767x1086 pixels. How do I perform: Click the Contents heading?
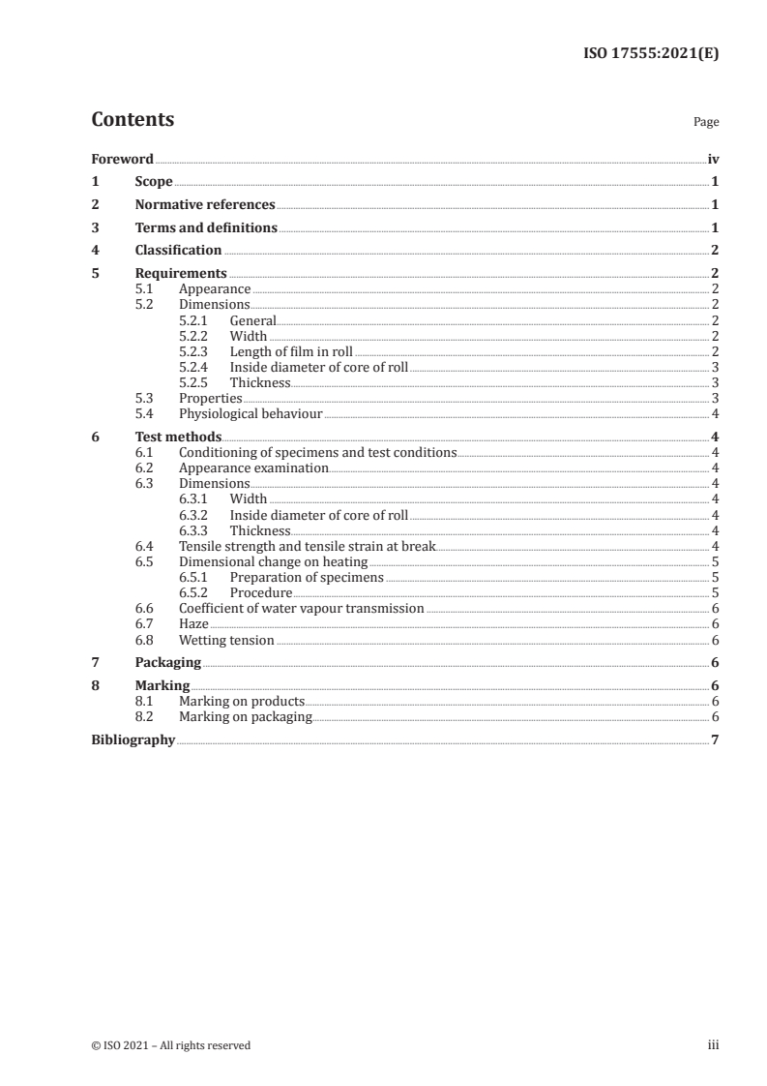tap(133, 120)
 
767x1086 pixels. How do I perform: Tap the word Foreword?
tap(122, 159)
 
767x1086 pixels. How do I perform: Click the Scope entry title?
tap(154, 182)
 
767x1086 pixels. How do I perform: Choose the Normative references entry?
tap(205, 205)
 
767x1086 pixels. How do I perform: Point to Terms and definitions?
tap(206, 228)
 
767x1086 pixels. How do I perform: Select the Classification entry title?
tap(178, 251)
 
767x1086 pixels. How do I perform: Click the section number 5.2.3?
tap(195, 351)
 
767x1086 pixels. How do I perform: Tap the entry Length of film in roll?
tap(291, 351)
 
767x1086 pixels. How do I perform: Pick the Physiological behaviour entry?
tap(251, 413)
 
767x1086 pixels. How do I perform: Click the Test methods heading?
tap(178, 437)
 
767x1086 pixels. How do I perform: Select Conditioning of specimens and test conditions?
tap(317, 452)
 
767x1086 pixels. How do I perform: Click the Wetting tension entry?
tap(226, 640)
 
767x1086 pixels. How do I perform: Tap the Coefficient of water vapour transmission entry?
tap(301, 609)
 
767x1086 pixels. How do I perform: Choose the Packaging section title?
tap(168, 663)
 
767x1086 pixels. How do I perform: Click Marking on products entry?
tap(242, 702)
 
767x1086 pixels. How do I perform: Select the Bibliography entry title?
tap(133, 740)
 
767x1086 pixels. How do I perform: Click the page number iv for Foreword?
tap(713, 159)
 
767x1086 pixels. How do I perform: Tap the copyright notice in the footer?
tap(171, 1045)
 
